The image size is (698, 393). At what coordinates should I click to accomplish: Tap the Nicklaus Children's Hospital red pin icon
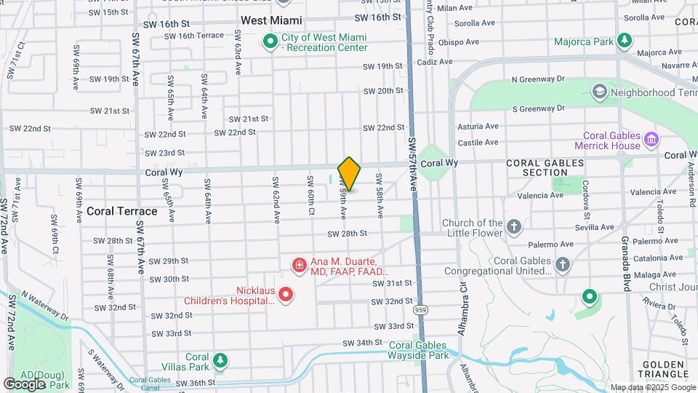[286, 295]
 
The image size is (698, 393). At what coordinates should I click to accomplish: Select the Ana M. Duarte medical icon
[298, 265]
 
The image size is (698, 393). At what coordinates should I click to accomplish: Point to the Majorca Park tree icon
[624, 41]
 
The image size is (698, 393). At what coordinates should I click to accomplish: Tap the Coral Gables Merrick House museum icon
[651, 138]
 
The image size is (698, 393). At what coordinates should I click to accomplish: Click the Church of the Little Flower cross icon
[514, 227]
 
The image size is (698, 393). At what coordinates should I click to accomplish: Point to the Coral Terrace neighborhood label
[121, 211]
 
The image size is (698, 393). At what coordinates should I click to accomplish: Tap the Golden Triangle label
[664, 369]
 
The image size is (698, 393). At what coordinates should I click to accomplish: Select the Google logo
[24, 384]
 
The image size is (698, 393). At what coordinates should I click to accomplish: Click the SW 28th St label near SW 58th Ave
[347, 234]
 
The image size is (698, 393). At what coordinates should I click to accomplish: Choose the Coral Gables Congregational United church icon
[563, 265]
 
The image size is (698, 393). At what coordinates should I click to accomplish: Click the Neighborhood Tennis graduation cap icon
[599, 92]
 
